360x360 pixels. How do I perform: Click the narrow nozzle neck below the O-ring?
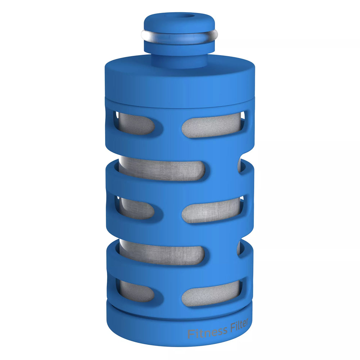coord(179,60)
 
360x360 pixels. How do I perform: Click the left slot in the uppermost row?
coord(135,123)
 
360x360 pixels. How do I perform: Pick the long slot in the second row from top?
coord(162,168)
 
